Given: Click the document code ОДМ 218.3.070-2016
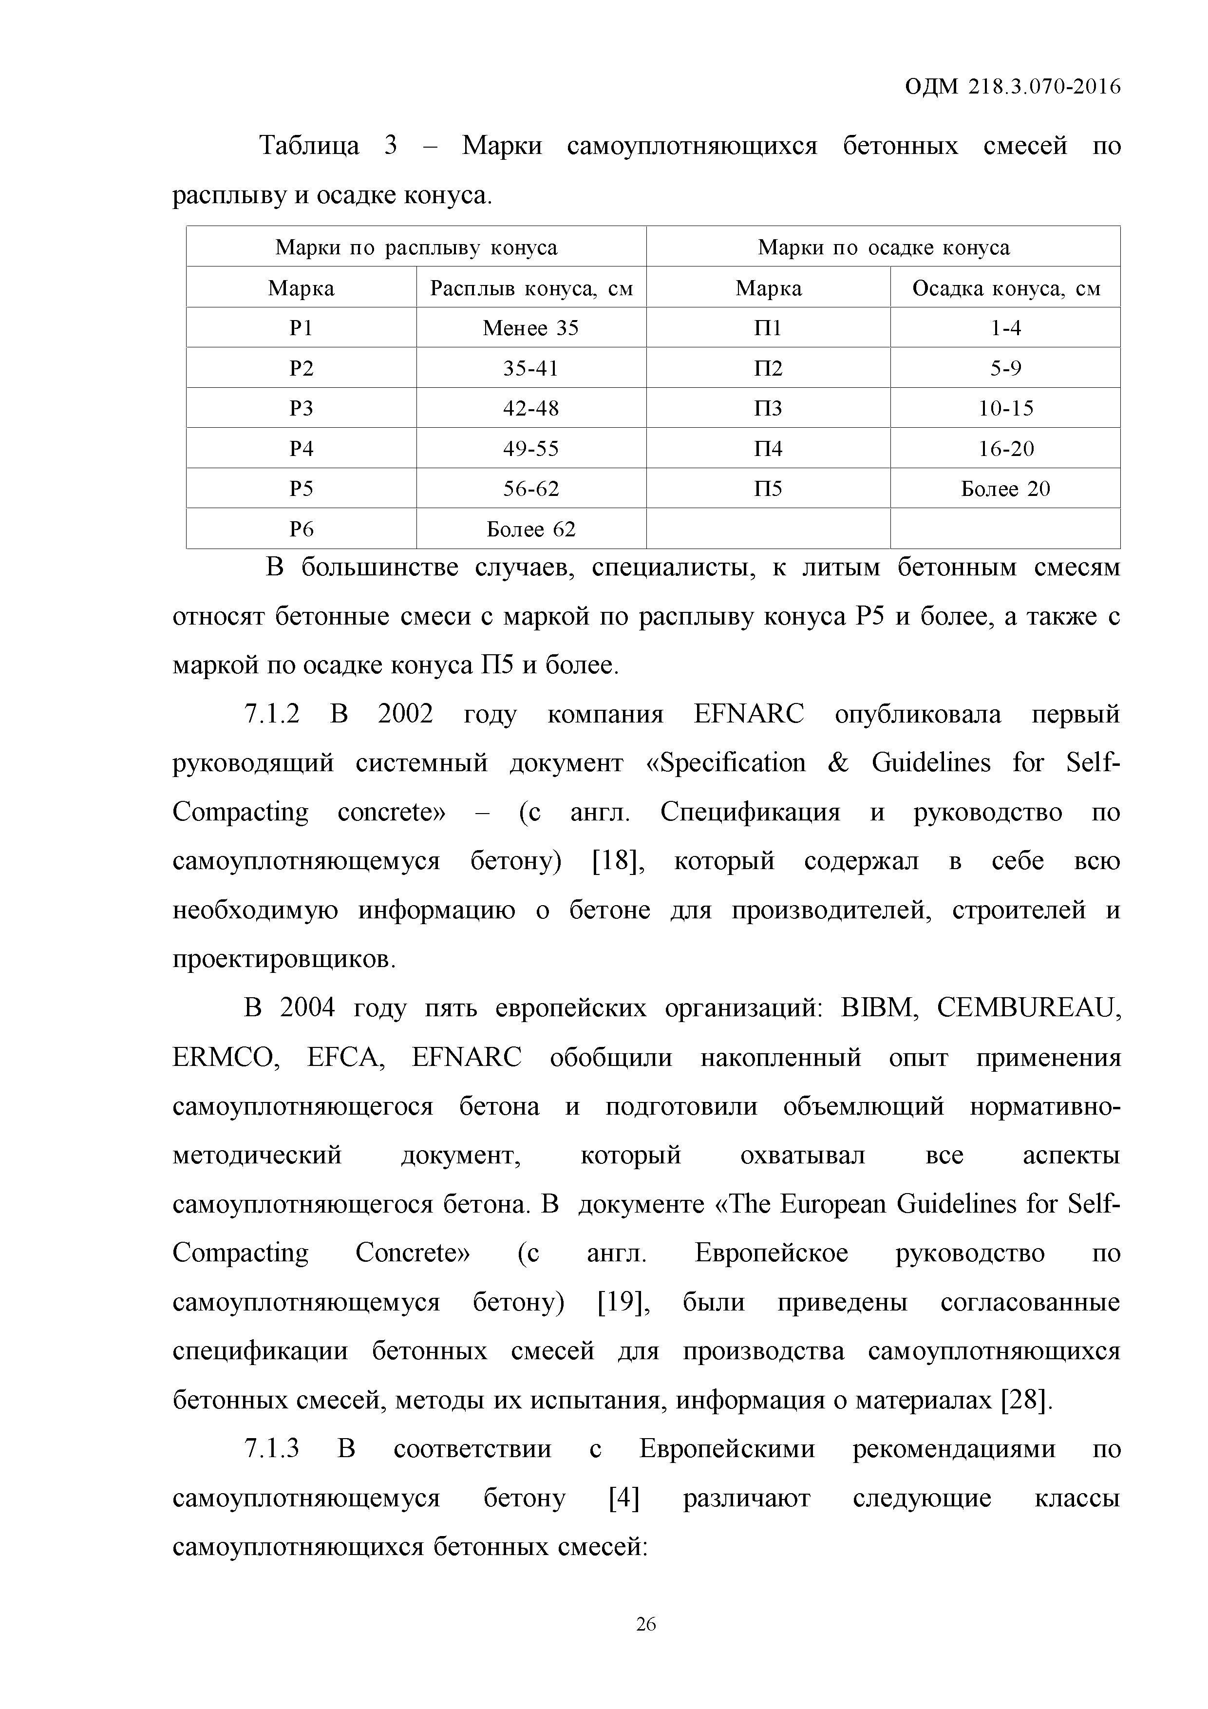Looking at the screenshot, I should coord(1012,87).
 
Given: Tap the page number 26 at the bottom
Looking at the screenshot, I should coord(645,1624).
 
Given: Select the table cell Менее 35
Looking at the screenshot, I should coord(530,328).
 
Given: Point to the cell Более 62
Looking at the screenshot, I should coord(530,529).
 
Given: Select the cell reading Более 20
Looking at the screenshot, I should coord(1005,489).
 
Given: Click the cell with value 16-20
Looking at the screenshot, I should coord(1005,449).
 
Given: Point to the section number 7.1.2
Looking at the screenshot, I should coord(272,715).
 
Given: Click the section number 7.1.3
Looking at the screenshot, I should coord(272,1449).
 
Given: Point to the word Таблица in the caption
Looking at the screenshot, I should coord(308,146).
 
